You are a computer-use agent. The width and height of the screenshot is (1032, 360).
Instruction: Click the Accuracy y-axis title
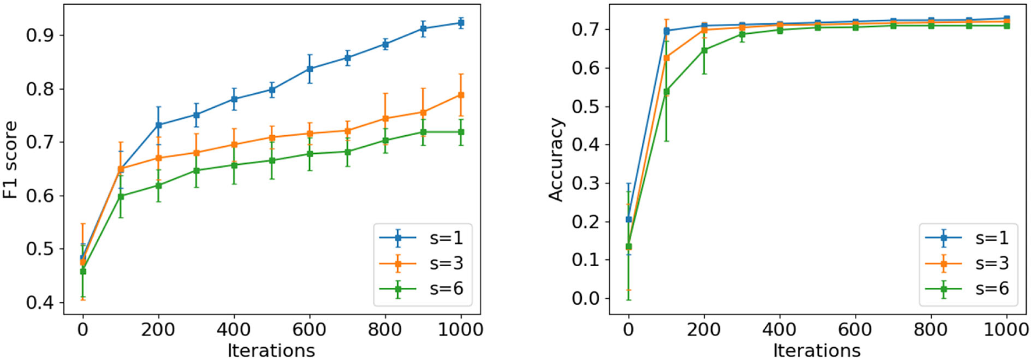557,160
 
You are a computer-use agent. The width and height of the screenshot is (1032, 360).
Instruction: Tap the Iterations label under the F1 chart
271,351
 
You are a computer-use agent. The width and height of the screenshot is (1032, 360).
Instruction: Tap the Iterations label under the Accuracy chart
817,351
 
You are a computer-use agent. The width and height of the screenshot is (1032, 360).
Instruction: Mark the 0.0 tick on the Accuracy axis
586,298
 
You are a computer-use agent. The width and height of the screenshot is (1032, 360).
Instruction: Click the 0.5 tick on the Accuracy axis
586,107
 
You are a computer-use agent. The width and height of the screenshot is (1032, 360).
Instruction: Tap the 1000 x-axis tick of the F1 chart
461,330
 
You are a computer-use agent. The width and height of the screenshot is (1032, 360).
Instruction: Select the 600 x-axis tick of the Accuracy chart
855,330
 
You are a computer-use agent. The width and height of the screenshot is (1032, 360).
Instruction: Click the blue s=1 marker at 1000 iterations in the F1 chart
461,23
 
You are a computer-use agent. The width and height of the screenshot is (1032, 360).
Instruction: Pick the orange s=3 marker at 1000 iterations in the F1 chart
461,95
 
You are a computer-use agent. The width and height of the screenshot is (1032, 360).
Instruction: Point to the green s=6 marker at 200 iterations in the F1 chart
158,185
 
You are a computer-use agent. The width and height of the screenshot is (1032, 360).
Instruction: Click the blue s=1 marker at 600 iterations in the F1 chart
310,69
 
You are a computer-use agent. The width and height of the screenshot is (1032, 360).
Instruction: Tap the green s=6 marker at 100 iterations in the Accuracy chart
666,91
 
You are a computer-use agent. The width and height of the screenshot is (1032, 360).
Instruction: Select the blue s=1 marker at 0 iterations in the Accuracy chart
628,220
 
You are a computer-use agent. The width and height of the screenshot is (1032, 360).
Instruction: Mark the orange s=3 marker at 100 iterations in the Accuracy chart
666,58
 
